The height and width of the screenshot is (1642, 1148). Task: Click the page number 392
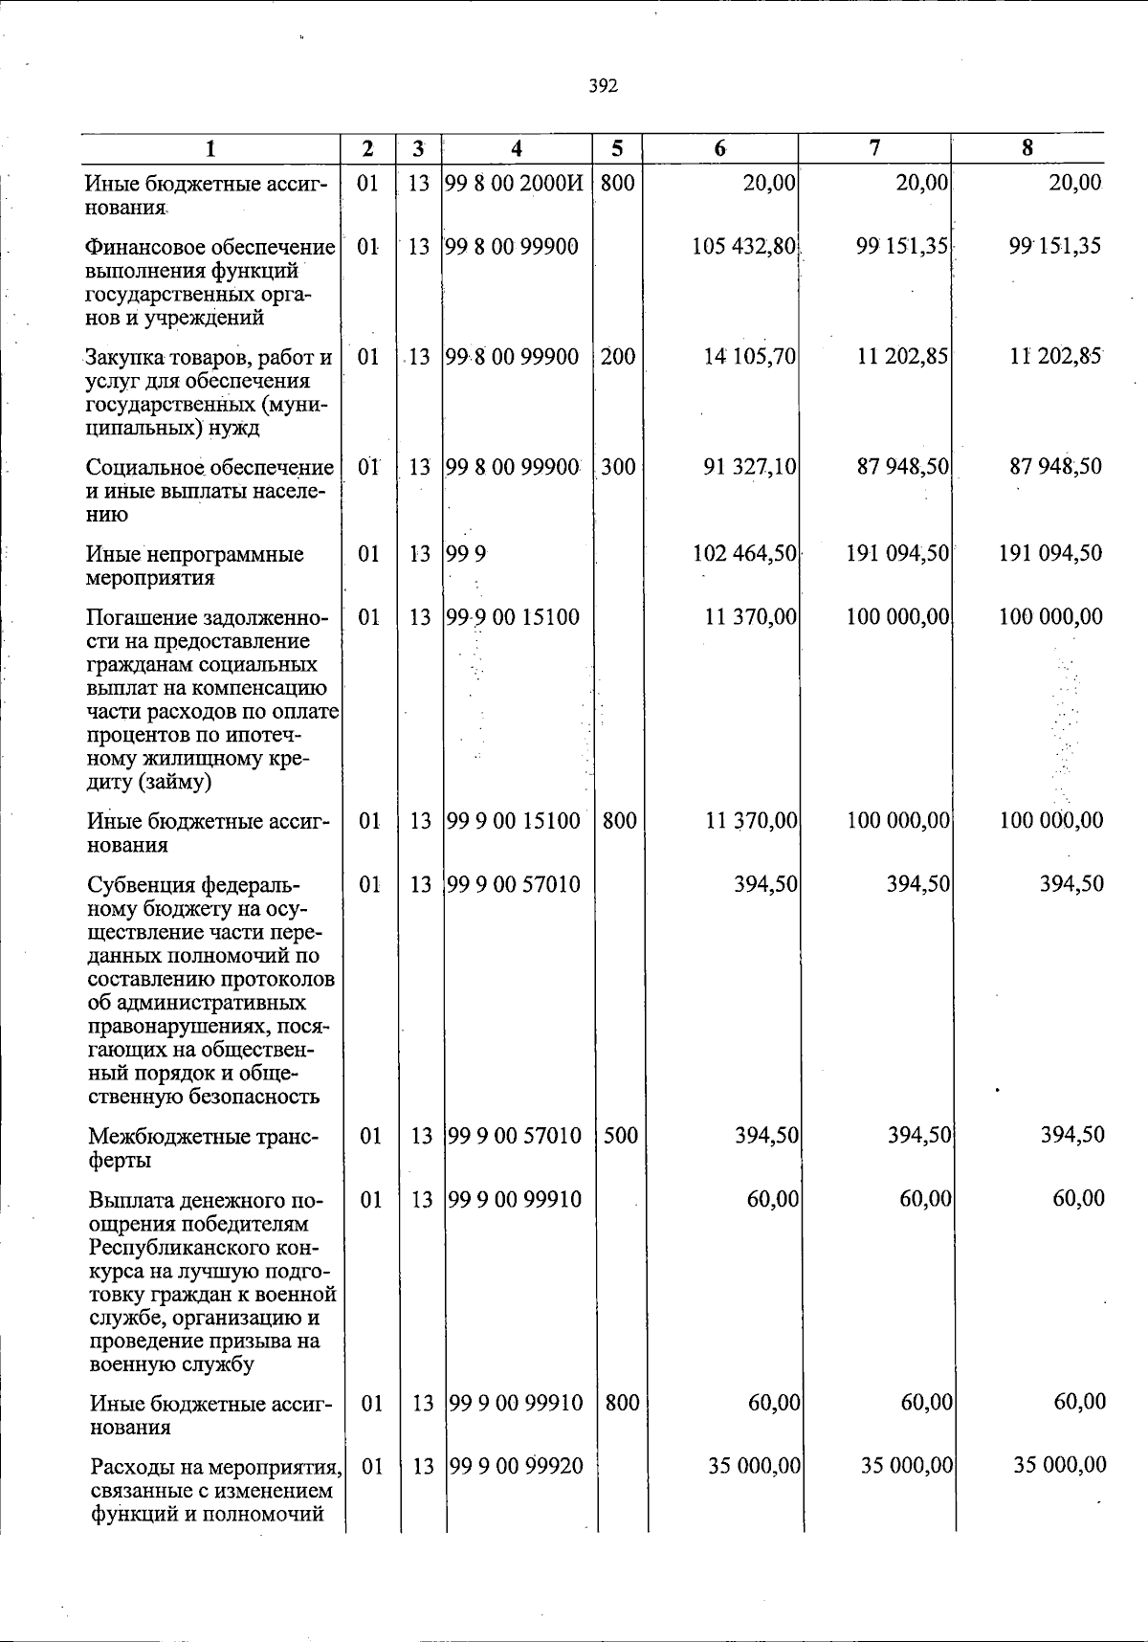point(603,87)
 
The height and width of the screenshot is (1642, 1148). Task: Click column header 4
point(517,148)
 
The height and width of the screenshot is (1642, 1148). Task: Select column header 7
point(874,148)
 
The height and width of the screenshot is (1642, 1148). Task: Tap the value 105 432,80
point(744,247)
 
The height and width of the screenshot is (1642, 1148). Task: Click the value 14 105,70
point(750,357)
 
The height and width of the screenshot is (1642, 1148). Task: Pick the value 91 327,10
point(750,467)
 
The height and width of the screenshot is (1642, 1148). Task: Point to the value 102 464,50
point(745,554)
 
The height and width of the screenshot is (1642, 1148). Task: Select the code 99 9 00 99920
point(516,1466)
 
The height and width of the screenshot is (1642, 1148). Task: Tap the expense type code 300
point(618,467)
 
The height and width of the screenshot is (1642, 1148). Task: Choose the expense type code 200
point(618,357)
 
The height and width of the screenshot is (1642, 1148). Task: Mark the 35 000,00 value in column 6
point(755,1466)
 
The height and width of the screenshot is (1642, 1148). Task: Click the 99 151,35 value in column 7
point(902,247)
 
